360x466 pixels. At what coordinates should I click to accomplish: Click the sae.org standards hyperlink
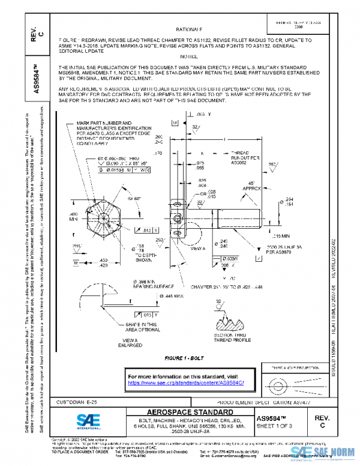pyautogui.click(x=189, y=382)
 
